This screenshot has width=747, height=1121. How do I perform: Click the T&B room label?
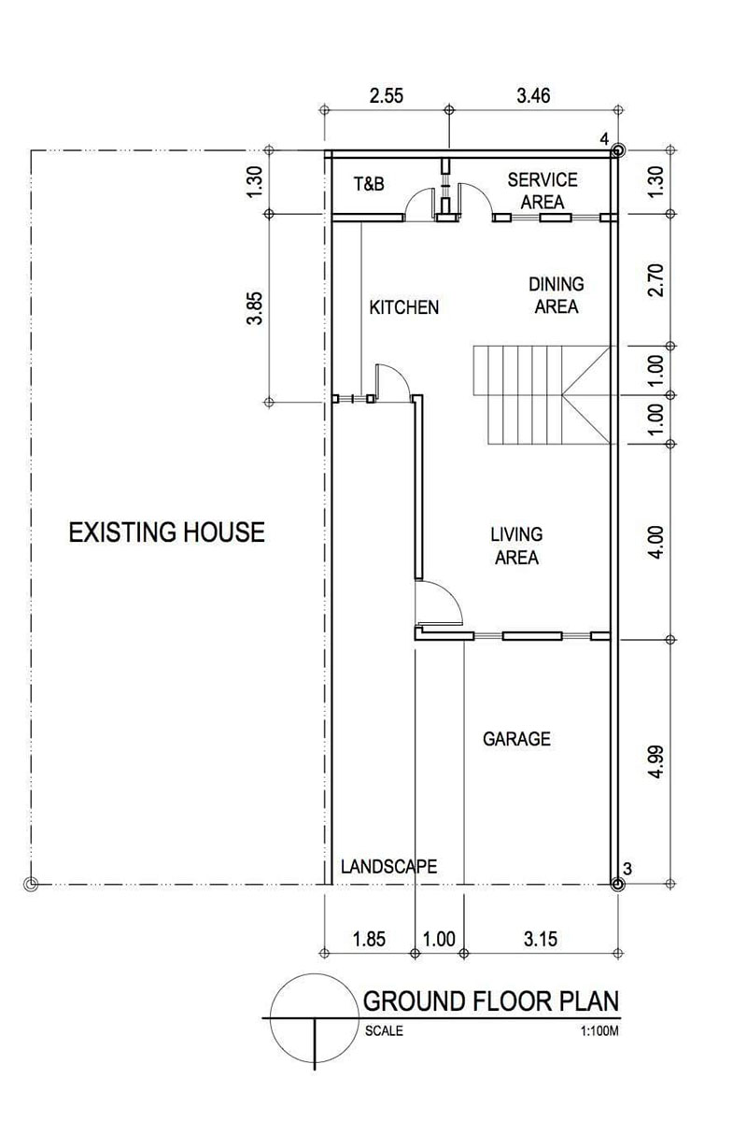[x=368, y=184]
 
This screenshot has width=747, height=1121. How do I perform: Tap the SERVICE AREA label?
[x=543, y=190]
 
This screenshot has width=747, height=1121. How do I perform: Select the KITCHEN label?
[x=403, y=306]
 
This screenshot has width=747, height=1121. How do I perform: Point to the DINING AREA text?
[x=556, y=294]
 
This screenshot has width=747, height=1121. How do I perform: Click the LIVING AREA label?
[x=516, y=546]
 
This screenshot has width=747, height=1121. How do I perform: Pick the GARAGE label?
[x=516, y=739]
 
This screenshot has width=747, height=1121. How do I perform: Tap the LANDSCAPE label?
[x=388, y=866]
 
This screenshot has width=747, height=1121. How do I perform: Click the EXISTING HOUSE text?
[x=167, y=532]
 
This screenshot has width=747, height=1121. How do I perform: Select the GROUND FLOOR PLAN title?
[x=490, y=1001]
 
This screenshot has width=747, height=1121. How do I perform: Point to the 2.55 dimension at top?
[x=387, y=93]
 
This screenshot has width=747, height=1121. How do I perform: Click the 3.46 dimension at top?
[x=534, y=93]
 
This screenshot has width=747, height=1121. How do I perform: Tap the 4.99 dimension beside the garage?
[x=656, y=761]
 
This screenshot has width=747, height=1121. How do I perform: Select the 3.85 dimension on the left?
[x=254, y=309]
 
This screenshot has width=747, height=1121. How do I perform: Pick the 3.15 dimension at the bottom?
[x=540, y=939]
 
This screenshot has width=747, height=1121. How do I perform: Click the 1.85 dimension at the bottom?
[x=370, y=939]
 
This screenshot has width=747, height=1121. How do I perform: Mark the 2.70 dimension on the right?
[x=656, y=279]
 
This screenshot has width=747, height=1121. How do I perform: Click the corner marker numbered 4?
[x=616, y=150]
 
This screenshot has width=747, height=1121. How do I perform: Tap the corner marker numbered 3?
[x=616, y=881]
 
